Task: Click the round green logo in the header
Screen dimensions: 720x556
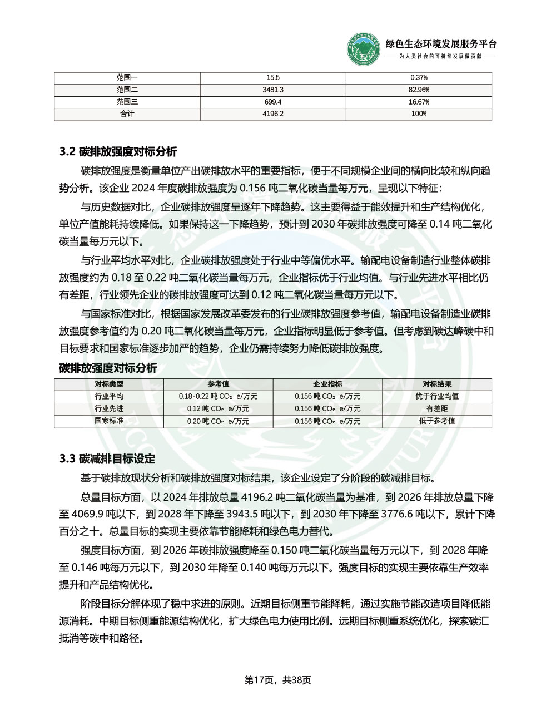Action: pyautogui.click(x=365, y=49)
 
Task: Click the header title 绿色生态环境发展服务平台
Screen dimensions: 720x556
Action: pyautogui.click(x=441, y=45)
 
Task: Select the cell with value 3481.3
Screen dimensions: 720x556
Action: pyautogui.click(x=273, y=90)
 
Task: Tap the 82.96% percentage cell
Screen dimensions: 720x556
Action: pyautogui.click(x=419, y=90)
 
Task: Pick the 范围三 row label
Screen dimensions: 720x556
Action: pyautogui.click(x=127, y=102)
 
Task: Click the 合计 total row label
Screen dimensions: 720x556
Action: pyautogui.click(x=127, y=114)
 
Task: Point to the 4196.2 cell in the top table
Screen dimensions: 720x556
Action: pyautogui.click(x=273, y=114)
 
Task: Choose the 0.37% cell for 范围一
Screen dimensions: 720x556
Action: pyautogui.click(x=419, y=77)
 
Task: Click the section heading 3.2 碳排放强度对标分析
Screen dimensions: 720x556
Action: pyautogui.click(x=118, y=151)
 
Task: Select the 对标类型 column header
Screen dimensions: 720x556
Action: pyautogui.click(x=109, y=384)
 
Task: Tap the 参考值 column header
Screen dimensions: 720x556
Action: pyautogui.click(x=219, y=384)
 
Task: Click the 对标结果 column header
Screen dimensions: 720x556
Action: pyautogui.click(x=437, y=384)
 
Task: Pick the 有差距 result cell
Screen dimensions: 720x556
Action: pyautogui.click(x=437, y=408)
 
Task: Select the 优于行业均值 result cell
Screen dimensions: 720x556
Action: pyautogui.click(x=437, y=396)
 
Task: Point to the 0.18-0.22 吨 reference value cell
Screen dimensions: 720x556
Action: pyautogui.click(x=219, y=396)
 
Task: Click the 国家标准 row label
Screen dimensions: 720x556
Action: pyautogui.click(x=109, y=421)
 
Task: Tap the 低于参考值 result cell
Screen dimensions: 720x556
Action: pyautogui.click(x=437, y=421)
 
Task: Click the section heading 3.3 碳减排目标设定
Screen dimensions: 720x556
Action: pyautogui.click(x=107, y=459)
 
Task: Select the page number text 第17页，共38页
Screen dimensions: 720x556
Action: pyautogui.click(x=278, y=680)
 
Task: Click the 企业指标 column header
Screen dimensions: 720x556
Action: pyautogui.click(x=327, y=384)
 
